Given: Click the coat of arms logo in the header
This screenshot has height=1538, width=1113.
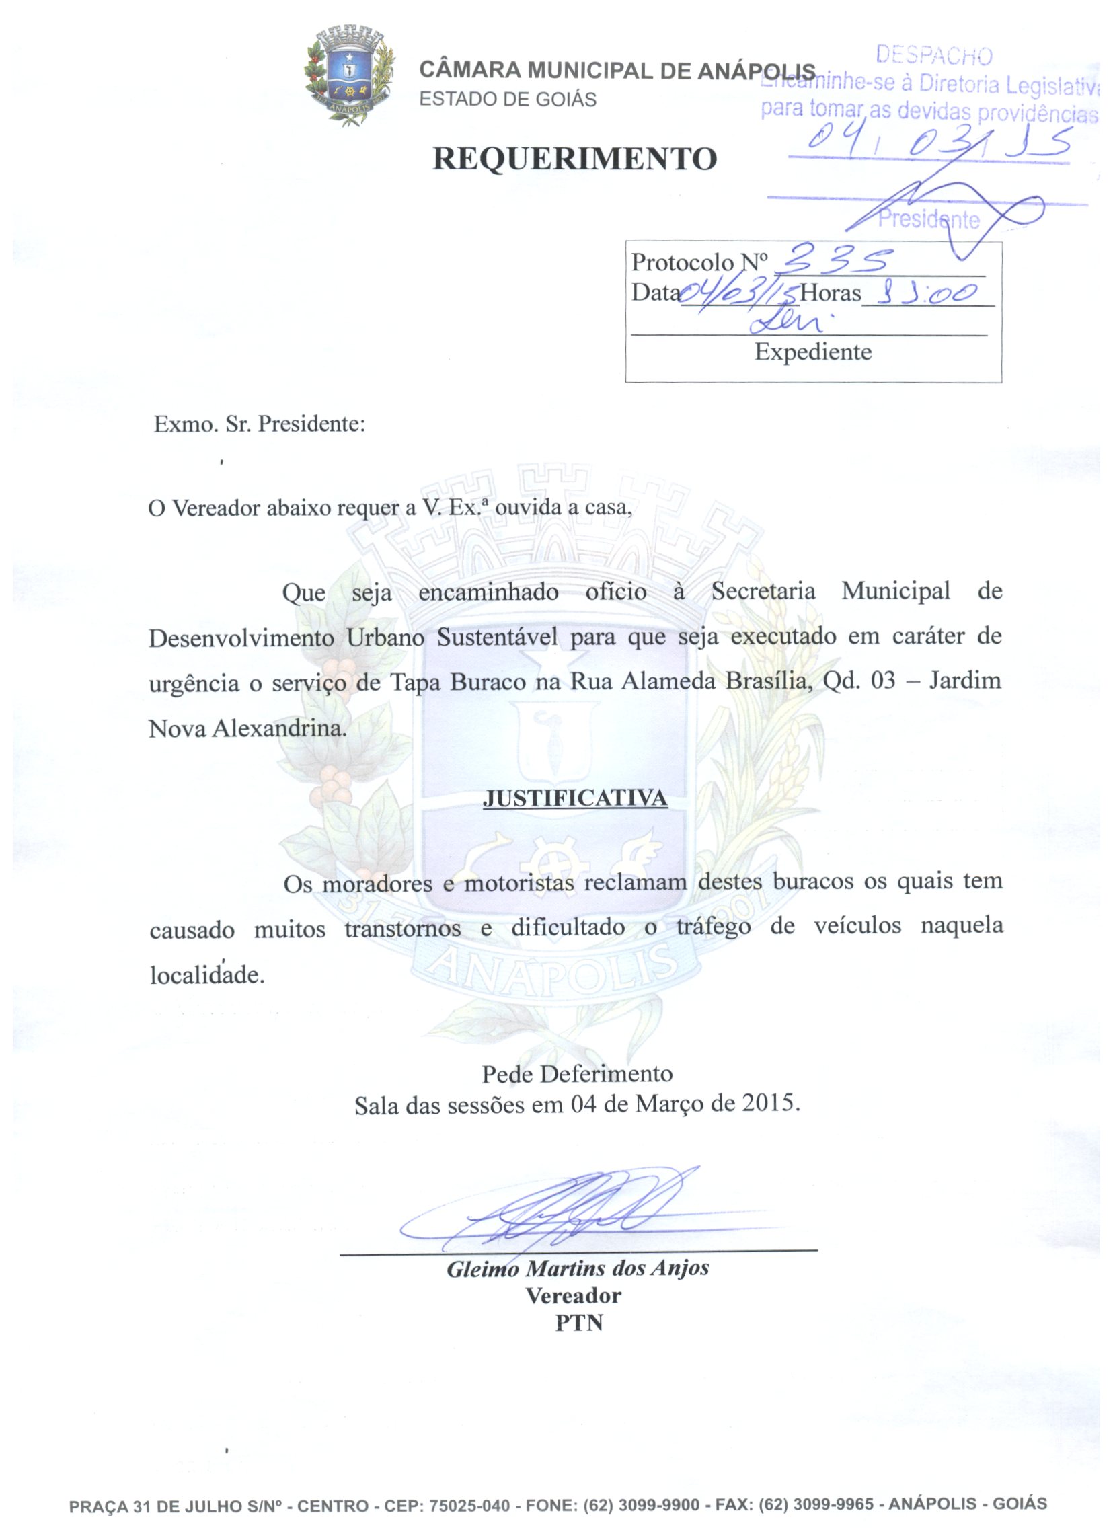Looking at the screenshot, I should point(349,75).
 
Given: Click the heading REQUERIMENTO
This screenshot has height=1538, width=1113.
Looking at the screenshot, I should point(574,159).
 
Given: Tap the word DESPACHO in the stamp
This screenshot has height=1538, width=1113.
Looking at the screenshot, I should point(933,56).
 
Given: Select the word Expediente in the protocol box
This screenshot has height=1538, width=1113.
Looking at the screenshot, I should point(812,352).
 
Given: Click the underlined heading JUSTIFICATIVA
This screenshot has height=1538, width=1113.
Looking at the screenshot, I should point(574,798).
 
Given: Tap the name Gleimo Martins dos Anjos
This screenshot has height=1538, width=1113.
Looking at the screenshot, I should point(577,1268).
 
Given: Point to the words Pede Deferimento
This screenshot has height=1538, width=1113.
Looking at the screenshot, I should point(576,1073).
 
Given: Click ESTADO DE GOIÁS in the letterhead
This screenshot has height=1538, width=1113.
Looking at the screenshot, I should point(507,100).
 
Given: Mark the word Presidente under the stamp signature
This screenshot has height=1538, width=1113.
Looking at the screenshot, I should point(929,219).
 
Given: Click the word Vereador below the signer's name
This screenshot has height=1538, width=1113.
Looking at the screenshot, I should point(573,1296).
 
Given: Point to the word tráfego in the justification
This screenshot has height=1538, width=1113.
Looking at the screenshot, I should point(713,926).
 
